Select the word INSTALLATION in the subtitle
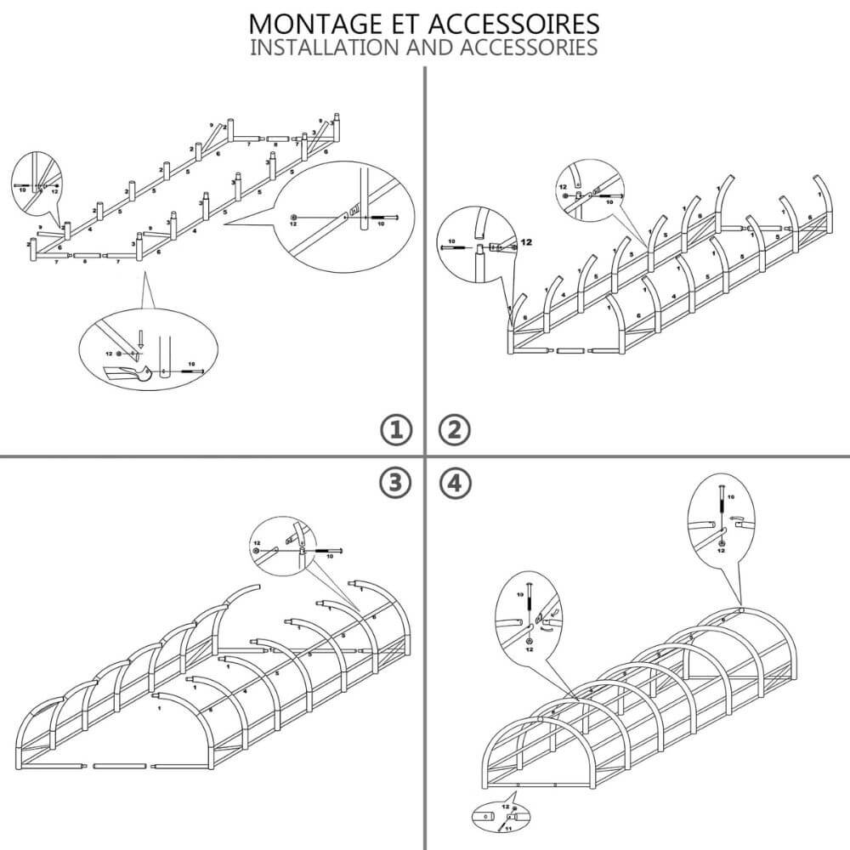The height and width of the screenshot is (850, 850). tap(339, 47)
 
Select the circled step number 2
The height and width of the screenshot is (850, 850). tap(454, 431)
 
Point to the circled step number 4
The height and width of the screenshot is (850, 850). tap(454, 483)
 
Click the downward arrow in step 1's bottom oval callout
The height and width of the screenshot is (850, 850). tap(142, 339)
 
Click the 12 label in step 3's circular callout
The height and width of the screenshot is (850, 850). tap(256, 541)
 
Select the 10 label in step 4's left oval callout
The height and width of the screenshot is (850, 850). tap(520, 596)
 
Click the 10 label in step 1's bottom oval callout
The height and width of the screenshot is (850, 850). tap(190, 362)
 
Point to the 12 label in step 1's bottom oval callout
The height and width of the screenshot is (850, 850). tap(108, 353)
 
